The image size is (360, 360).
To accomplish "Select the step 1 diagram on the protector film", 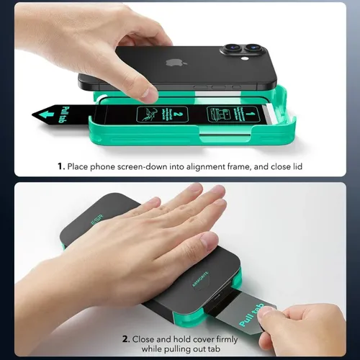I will [x=228, y=114].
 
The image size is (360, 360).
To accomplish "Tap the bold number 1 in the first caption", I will [x=62, y=167].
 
